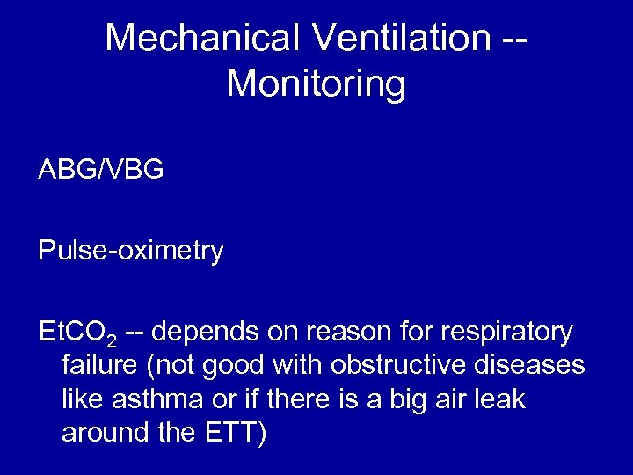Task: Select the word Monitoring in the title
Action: [x=316, y=84]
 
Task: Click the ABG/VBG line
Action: [x=100, y=170]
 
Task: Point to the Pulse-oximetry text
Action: [x=130, y=252]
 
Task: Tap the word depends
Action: [x=208, y=332]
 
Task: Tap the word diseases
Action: [x=534, y=365]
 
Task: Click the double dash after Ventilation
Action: [x=515, y=39]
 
